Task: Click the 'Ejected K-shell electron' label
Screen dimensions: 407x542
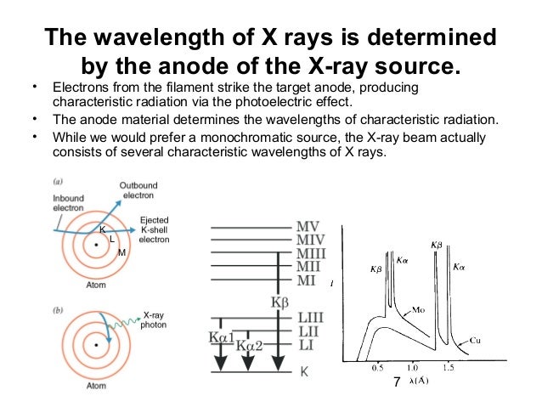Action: point(153,230)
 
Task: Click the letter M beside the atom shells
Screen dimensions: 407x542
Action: point(122,252)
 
